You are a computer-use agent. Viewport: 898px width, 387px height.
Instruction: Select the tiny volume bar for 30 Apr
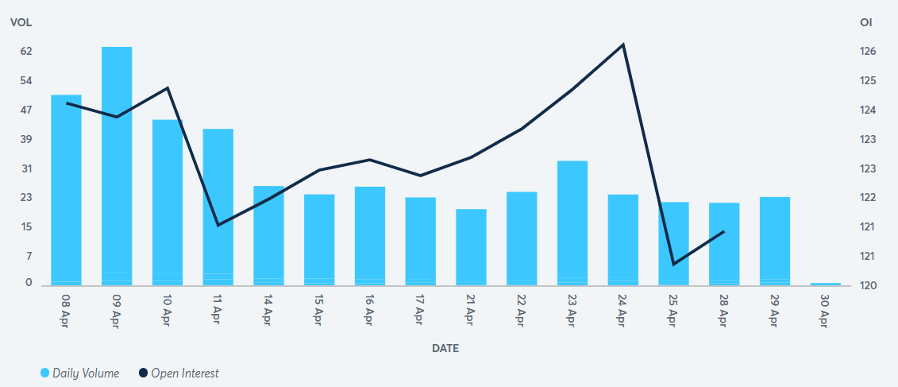(826, 284)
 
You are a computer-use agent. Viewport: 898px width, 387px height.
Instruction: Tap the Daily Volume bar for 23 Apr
(572, 223)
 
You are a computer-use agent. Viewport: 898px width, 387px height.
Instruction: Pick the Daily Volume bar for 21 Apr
(471, 246)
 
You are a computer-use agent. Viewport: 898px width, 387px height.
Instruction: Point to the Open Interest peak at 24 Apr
(623, 45)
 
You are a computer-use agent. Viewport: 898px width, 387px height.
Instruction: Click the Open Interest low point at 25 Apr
(673, 264)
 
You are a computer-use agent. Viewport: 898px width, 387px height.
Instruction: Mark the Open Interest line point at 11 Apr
(218, 225)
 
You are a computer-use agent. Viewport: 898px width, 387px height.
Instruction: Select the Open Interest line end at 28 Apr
(724, 231)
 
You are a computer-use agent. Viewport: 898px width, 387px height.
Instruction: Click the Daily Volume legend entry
(79, 373)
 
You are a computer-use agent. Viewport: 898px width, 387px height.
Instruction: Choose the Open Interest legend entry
(179, 373)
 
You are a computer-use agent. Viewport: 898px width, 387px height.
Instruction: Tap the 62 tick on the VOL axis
(26, 51)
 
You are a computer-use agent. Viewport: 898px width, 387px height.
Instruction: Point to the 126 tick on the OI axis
(868, 51)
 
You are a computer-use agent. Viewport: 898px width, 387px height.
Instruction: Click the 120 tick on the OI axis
(868, 285)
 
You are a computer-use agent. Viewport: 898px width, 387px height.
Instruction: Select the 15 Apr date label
(319, 312)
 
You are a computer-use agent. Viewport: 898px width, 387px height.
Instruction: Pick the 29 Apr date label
(775, 312)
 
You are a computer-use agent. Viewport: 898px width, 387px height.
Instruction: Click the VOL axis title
(21, 22)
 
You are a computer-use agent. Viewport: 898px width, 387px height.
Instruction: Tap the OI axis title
(866, 22)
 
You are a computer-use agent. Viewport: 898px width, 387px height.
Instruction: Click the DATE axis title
(445, 348)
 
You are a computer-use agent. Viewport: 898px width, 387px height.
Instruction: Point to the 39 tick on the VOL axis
(26, 139)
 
